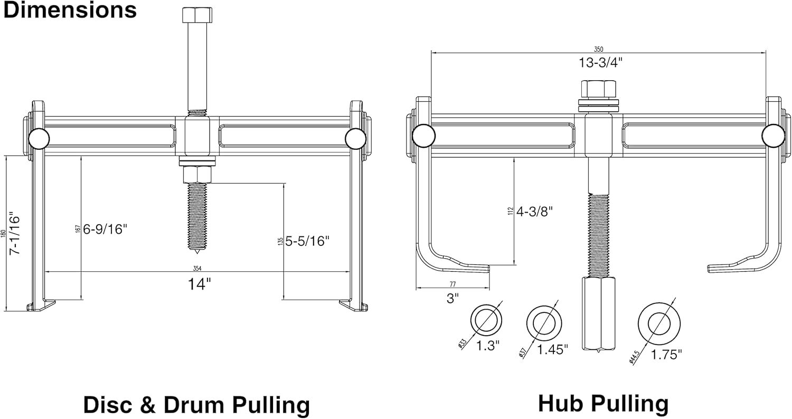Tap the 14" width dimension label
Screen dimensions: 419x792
200,284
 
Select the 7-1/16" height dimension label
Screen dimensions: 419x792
15,234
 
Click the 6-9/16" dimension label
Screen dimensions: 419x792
105,229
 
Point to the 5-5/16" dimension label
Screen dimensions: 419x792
307,241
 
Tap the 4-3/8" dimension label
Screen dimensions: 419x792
534,212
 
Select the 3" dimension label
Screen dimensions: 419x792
452,298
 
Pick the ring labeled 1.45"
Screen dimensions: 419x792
543,322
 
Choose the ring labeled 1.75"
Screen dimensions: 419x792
659,323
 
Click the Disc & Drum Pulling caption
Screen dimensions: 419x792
196,405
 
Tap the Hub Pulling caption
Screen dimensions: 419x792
603,403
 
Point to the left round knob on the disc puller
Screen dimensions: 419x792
39,139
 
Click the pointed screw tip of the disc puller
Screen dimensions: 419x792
196,246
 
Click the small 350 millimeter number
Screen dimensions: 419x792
599,49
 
